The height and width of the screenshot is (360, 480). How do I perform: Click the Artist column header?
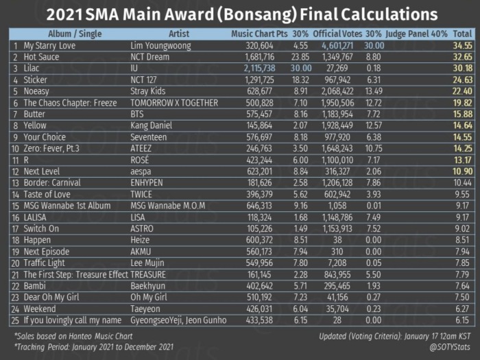(x=179, y=34)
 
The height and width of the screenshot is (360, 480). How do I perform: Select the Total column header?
(x=462, y=34)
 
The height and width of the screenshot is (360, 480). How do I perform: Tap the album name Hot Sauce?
(x=41, y=57)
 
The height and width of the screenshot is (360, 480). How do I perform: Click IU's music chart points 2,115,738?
(x=260, y=69)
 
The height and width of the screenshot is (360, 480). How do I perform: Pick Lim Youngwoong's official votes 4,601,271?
(x=337, y=46)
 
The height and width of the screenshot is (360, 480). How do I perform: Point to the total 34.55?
(x=463, y=46)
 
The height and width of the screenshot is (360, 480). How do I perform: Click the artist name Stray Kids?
(x=148, y=91)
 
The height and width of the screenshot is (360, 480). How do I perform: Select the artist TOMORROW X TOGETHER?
(x=174, y=103)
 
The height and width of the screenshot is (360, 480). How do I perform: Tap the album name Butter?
(x=34, y=115)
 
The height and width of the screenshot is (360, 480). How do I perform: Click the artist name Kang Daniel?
(x=152, y=125)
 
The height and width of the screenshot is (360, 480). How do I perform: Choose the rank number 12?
(x=15, y=171)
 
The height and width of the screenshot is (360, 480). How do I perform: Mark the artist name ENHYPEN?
(x=147, y=183)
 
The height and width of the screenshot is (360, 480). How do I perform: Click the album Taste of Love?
(x=47, y=194)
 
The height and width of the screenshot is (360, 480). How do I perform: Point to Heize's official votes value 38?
(x=337, y=240)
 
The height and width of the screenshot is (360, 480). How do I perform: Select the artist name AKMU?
(x=141, y=252)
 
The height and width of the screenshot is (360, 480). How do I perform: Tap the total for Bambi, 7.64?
(x=462, y=286)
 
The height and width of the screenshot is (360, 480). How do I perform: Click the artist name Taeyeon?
(x=145, y=309)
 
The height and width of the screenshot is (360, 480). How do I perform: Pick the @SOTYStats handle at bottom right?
(x=450, y=347)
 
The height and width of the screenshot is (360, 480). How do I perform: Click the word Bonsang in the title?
(x=257, y=14)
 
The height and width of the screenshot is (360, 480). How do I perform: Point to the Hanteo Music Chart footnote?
(x=73, y=336)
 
